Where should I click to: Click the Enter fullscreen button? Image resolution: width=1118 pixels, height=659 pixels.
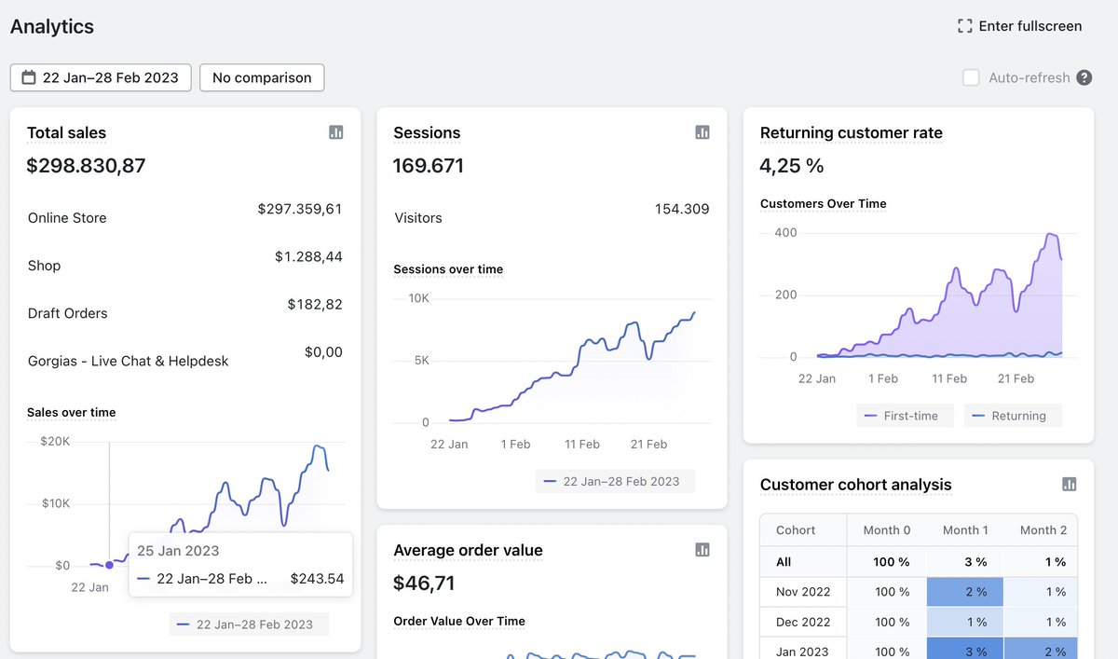pos(1019,26)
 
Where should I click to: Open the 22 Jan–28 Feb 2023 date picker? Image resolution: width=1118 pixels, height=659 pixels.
pos(101,77)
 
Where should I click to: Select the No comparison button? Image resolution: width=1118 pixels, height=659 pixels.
pos(262,77)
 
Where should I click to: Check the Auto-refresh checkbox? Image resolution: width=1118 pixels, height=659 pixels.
pos(971,77)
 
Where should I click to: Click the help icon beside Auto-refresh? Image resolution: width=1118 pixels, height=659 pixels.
pos(1084,77)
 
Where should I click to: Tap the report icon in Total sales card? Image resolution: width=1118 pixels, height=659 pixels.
pos(336,132)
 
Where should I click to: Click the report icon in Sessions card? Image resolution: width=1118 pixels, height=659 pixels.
pos(702,132)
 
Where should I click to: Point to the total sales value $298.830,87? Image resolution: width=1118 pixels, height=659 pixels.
pos(86,166)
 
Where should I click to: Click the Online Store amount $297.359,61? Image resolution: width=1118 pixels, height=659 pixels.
pos(299,209)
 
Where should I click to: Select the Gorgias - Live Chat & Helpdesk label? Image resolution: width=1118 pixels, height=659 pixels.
pos(128,361)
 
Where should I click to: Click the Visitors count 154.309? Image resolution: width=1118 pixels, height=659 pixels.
pos(681,209)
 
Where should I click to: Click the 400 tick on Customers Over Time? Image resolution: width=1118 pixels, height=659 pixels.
pos(785,232)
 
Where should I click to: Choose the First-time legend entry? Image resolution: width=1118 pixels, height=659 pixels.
pos(904,416)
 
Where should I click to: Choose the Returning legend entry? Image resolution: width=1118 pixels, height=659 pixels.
pos(1012,416)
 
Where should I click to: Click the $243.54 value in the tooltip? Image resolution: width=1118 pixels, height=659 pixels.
pos(317,579)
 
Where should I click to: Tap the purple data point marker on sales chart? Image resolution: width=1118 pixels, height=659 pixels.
pos(110,565)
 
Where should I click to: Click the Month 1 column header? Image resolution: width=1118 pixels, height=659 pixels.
pos(965,529)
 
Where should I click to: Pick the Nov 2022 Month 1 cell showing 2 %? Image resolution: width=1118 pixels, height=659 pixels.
pos(965,592)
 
